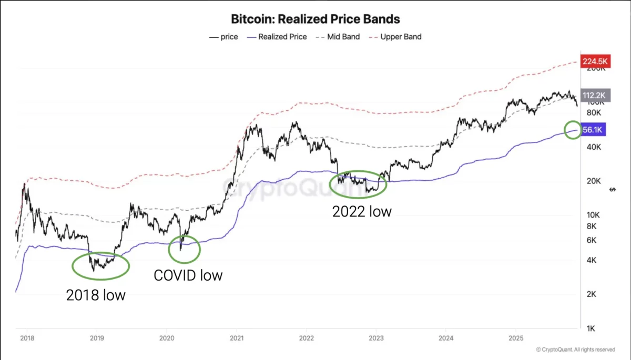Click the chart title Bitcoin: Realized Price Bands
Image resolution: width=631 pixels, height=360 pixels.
coord(315,19)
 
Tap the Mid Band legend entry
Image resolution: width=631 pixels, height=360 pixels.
coord(338,37)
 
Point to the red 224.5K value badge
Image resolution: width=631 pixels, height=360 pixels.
coord(595,62)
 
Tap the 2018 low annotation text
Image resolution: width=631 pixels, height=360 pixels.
coord(96,295)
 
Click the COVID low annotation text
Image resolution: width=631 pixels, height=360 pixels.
coord(188,275)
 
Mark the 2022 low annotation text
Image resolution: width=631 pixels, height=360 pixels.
coord(362,211)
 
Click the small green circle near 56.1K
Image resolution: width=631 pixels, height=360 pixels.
coord(573,130)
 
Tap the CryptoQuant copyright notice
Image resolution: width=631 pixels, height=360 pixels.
coord(575,349)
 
